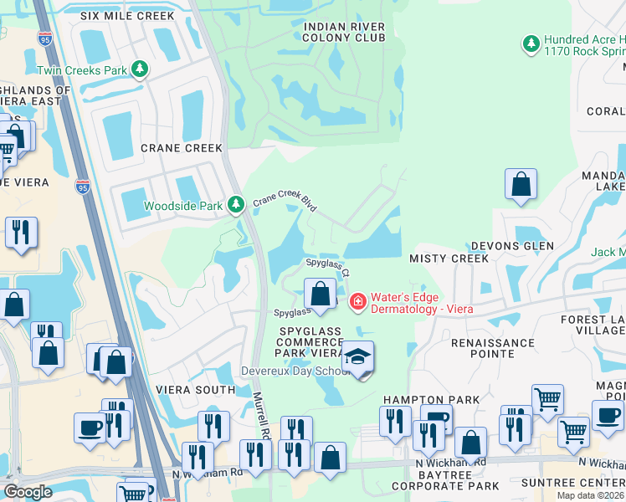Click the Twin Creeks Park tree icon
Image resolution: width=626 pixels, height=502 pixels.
click(143, 69)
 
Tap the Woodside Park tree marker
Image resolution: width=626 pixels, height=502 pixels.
click(237, 204)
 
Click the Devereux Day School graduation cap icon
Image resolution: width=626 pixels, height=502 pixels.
click(358, 357)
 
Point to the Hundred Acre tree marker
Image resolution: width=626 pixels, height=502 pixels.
click(530, 42)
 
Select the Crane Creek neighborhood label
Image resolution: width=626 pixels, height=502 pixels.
click(182, 148)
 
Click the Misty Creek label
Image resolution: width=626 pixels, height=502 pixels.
click(449, 259)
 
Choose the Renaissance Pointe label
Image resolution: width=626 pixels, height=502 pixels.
click(493, 348)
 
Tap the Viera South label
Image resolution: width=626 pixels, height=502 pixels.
click(195, 390)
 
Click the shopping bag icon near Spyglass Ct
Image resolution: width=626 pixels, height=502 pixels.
click(320, 293)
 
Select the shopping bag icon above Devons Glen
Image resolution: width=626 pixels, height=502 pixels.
click(521, 185)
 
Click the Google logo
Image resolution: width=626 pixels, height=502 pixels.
click(28, 492)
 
